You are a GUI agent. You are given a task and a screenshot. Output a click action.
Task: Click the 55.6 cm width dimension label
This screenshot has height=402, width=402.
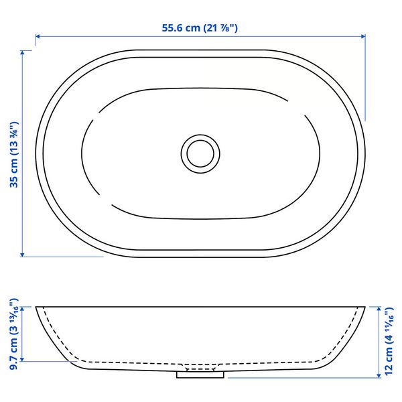pos(200,27)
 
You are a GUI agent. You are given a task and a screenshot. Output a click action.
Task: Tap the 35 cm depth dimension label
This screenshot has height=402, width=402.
pos(14,154)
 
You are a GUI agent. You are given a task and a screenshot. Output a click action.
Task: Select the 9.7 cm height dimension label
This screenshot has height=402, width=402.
pos(14,334)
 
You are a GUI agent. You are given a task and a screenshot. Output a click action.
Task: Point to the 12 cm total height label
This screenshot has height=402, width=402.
pos(389,341)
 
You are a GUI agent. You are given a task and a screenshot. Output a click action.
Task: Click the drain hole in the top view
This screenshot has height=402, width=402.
pos(200,154)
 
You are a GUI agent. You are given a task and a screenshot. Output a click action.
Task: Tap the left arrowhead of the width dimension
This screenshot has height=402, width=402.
pos(38,36)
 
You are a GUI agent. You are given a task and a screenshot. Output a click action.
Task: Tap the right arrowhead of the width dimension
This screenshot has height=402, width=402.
pos(363,36)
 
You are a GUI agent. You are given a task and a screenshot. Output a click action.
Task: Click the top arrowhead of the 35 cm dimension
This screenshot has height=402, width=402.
pos(22,52)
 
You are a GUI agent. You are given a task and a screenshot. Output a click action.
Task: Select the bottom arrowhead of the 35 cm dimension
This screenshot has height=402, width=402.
pos(22,255)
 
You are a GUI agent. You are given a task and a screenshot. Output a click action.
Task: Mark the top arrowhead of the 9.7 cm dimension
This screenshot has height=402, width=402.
pos(22,309)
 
